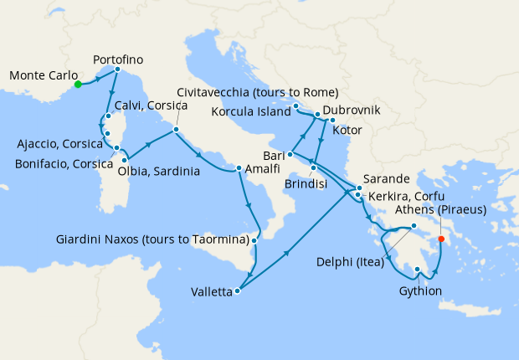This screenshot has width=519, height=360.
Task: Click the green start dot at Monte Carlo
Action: (77, 84)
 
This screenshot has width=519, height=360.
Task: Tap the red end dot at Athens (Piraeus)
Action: (441, 239)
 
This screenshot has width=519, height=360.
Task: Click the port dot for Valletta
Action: (239, 291)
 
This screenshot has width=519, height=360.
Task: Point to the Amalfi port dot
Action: (239, 168)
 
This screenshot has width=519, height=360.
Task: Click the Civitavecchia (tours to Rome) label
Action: (258, 92)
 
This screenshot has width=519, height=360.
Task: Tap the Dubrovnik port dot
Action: (317, 112)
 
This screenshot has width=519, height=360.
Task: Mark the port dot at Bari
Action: (290, 154)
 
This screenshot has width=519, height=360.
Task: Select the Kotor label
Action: (347, 130)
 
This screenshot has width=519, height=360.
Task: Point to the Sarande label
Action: (387, 179)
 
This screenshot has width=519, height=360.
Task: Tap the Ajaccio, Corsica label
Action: (58, 144)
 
